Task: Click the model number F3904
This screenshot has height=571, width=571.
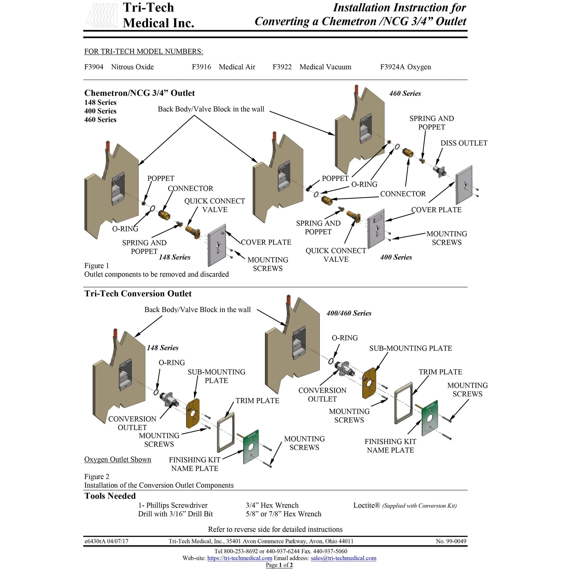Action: (94, 67)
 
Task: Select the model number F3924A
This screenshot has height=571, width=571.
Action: (392, 67)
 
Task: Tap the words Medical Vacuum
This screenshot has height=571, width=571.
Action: (325, 67)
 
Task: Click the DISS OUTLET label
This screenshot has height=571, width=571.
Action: (464, 143)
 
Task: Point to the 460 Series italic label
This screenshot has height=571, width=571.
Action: (405, 93)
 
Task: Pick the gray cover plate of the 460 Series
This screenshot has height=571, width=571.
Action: (464, 185)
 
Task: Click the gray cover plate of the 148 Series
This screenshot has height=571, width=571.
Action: (217, 245)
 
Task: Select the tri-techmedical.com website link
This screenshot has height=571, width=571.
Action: (239, 558)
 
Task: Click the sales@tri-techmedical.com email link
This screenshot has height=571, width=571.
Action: (343, 558)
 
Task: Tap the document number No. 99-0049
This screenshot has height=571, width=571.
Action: (451, 541)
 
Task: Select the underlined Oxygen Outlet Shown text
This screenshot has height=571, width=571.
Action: (118, 459)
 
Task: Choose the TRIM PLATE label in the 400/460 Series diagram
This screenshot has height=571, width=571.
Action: (440, 372)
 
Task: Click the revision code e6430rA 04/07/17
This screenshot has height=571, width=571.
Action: (107, 541)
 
